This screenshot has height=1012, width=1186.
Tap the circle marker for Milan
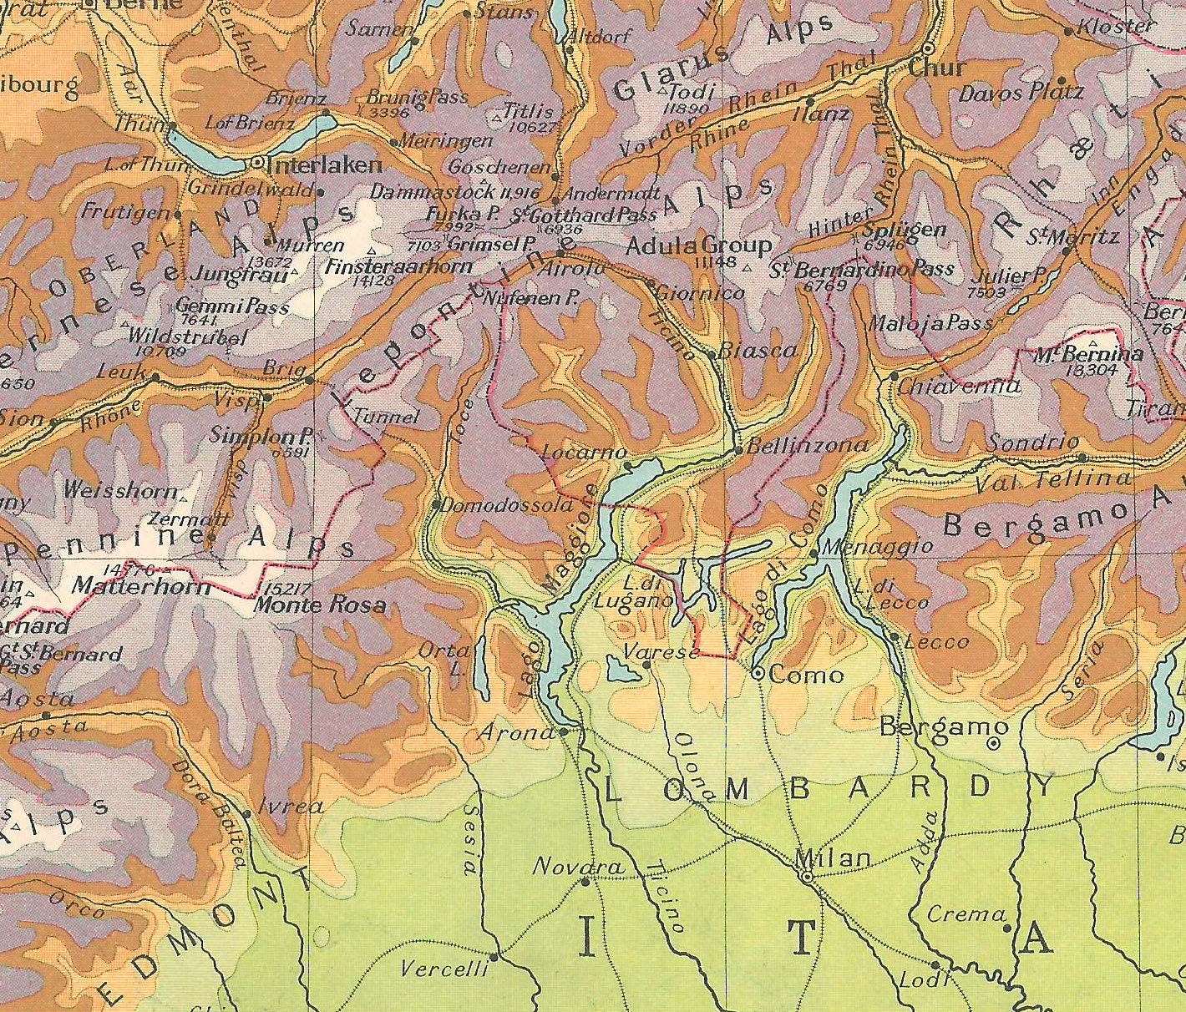[807, 878]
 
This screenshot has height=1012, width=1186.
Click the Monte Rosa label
[319, 605]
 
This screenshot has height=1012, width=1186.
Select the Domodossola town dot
[436, 504]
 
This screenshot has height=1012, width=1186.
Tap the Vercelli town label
[443, 969]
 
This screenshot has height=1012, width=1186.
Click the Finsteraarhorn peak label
[399, 267]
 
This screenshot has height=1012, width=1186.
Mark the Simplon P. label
[261, 437]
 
